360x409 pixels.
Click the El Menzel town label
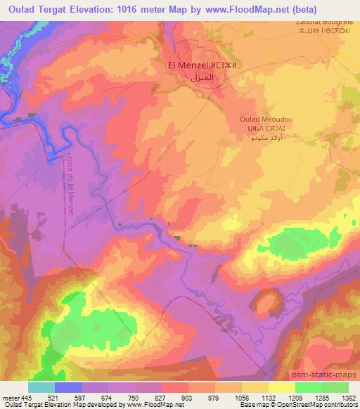(x=188, y=65)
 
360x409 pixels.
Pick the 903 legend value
(x=187, y=397)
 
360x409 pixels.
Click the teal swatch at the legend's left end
(x=41, y=387)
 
